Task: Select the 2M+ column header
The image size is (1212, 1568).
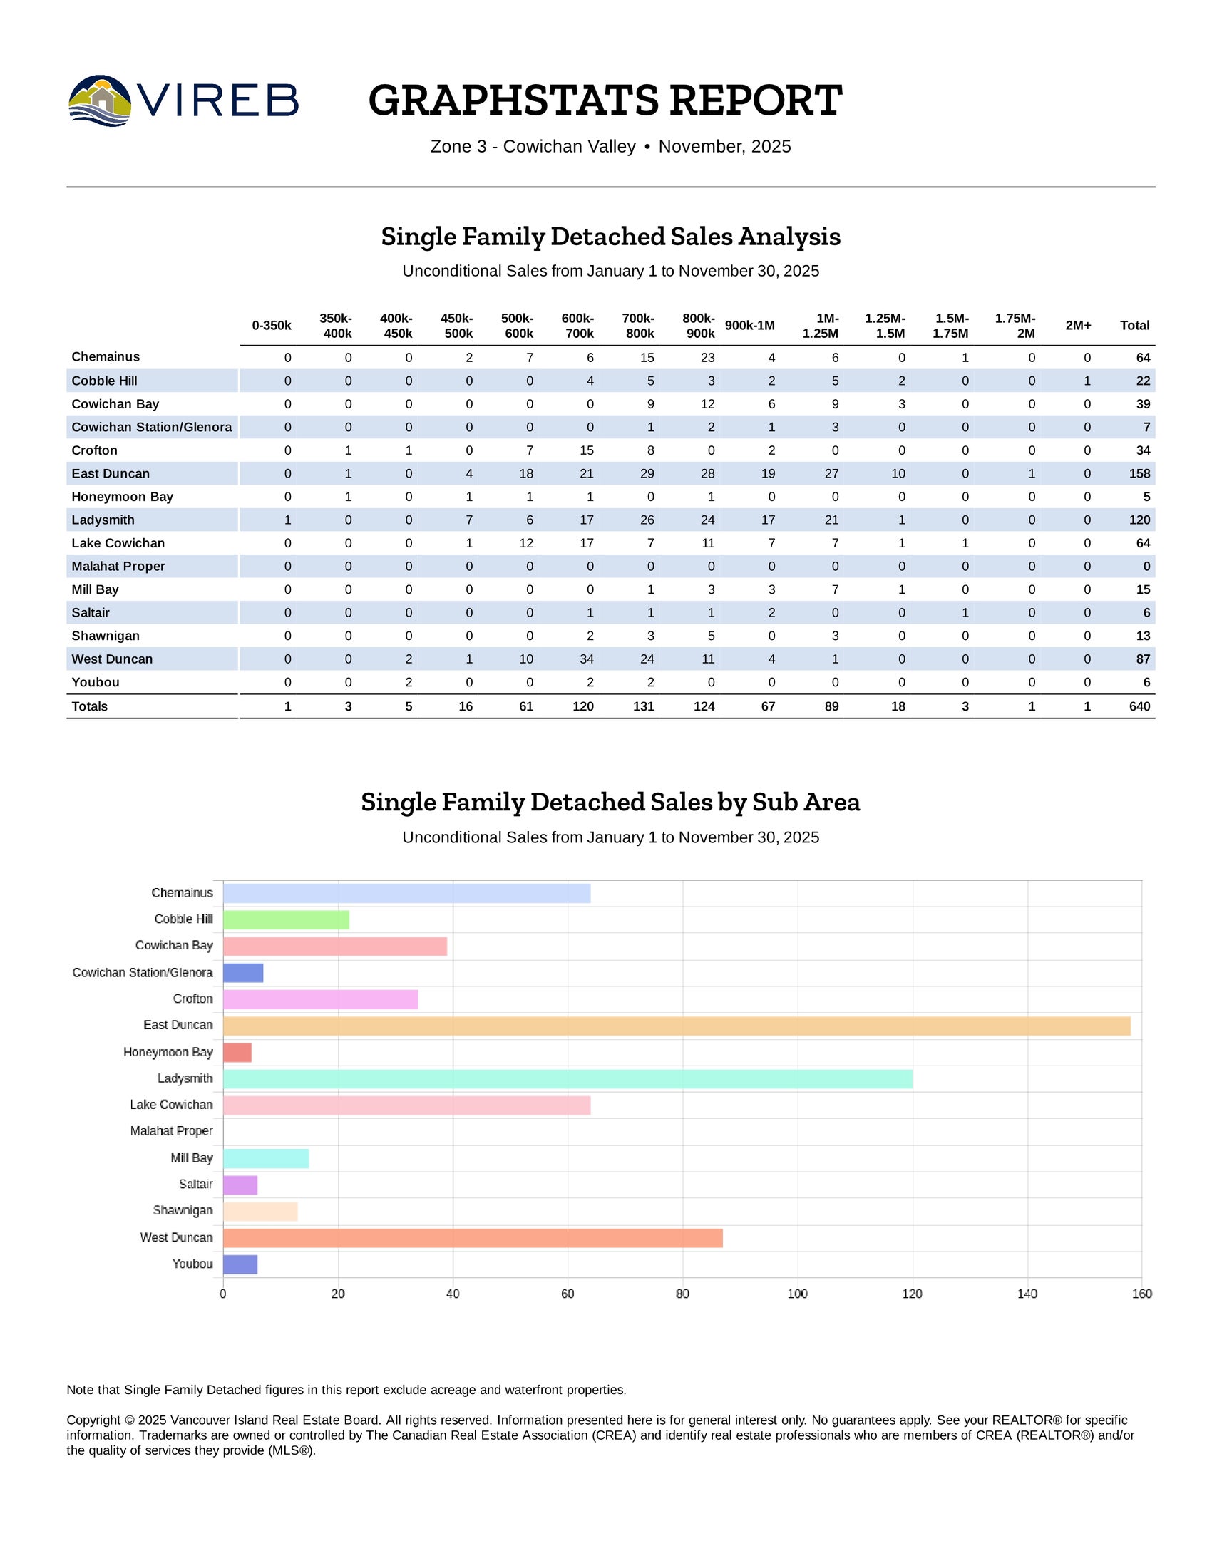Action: tap(1078, 325)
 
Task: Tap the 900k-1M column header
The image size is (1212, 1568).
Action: tap(749, 325)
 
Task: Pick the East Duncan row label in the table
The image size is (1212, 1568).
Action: tap(111, 474)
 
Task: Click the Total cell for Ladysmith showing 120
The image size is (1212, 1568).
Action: tap(1139, 520)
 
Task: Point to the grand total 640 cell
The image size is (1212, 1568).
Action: tap(1139, 706)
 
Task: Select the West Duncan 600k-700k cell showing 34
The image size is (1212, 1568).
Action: tap(586, 659)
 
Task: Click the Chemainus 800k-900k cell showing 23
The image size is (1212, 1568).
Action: tap(707, 358)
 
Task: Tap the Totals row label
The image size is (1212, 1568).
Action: tap(90, 706)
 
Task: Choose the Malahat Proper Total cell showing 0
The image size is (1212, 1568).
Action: tap(1146, 567)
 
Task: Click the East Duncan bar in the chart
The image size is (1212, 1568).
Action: tap(677, 1026)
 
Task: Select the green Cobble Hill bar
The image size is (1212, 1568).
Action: tap(286, 919)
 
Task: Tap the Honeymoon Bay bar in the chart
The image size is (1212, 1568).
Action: tap(237, 1053)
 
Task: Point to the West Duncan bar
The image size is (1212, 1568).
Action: tap(473, 1238)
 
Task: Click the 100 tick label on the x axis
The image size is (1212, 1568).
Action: tap(797, 1294)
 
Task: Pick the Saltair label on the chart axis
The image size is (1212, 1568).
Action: tap(195, 1184)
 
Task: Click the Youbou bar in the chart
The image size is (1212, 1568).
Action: tap(240, 1264)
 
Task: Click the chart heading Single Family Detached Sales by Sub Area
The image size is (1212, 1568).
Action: tap(610, 802)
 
